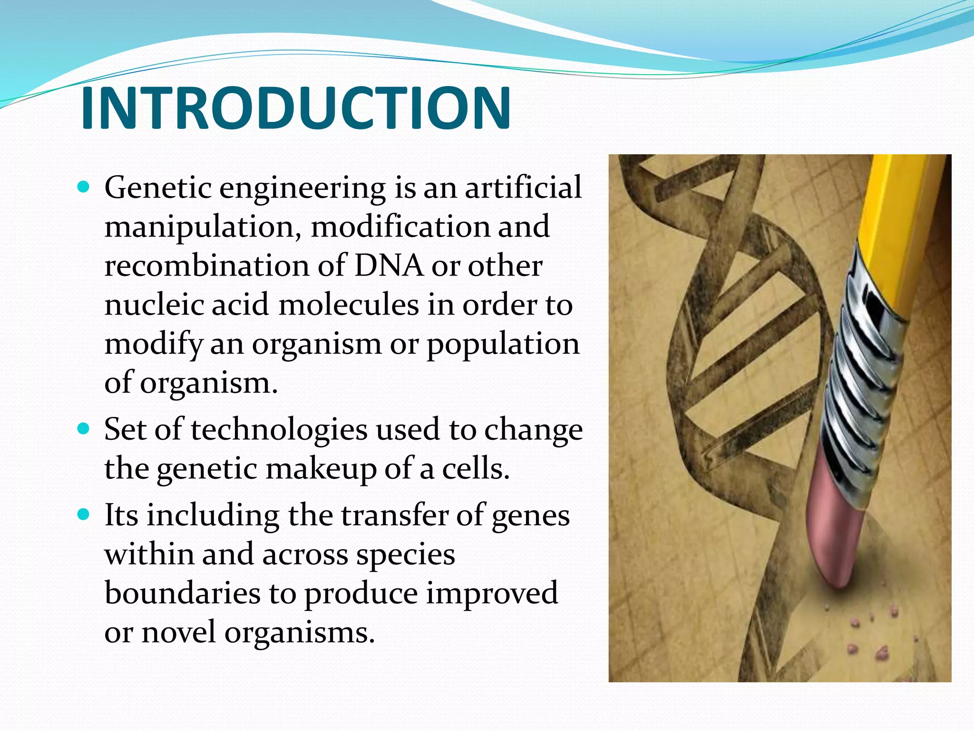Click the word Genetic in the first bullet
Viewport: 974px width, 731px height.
click(157, 188)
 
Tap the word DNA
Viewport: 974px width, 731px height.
click(389, 266)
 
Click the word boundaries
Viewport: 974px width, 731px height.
click(182, 593)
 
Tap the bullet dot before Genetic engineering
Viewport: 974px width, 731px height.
click(83, 187)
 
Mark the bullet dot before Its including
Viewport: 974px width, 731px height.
click(83, 515)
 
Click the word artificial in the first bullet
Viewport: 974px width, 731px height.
click(523, 188)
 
